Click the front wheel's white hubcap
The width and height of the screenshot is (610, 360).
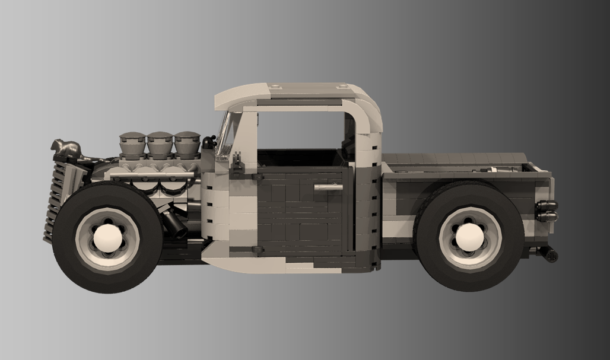tap(107, 238)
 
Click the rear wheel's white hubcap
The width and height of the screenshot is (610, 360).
tap(469, 237)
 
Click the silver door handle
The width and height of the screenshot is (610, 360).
tap(328, 187)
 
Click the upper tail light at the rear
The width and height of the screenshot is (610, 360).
tap(546, 206)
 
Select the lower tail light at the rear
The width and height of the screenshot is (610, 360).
tap(546, 216)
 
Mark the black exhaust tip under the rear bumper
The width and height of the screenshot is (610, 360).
tap(549, 256)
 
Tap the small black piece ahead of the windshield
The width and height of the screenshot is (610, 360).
tap(208, 142)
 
